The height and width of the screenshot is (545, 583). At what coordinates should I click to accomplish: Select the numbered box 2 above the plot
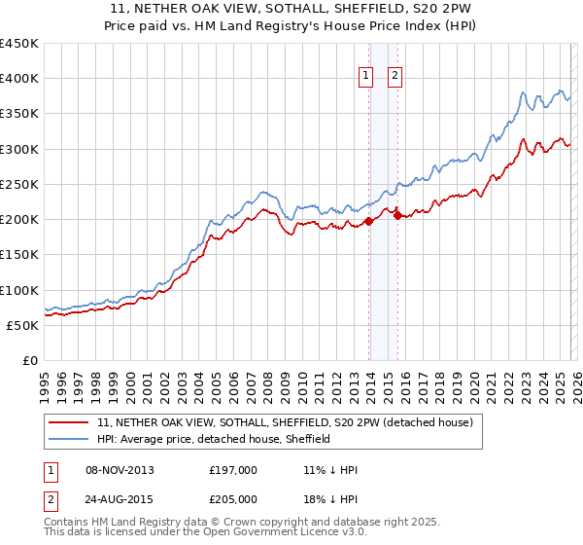pos(396,77)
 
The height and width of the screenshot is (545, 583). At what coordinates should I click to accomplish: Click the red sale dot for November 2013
pos(369,222)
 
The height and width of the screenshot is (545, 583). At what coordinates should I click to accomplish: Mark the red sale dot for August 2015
pos(397,216)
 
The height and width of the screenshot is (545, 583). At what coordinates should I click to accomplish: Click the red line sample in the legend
pos(70,423)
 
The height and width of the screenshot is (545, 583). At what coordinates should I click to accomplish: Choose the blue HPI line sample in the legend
pos(70,440)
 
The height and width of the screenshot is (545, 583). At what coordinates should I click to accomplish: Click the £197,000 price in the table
pos(234,470)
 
